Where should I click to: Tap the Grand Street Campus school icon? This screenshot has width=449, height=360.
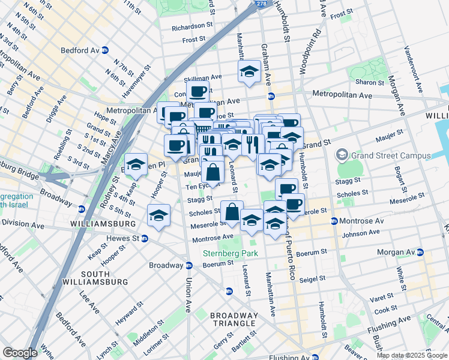click(x=342, y=155)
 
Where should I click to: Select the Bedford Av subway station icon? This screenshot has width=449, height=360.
click(x=105, y=50)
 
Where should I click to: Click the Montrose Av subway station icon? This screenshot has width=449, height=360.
click(x=334, y=221)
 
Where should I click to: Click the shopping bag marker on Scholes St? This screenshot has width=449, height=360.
click(x=232, y=211)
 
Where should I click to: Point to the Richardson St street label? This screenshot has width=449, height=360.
click(x=193, y=27)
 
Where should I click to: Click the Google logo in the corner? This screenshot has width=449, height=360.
click(x=20, y=353)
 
